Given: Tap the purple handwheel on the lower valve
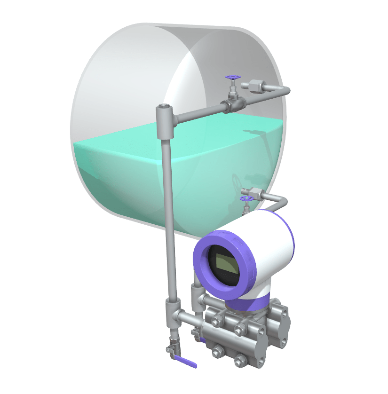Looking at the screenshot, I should [245, 199].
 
